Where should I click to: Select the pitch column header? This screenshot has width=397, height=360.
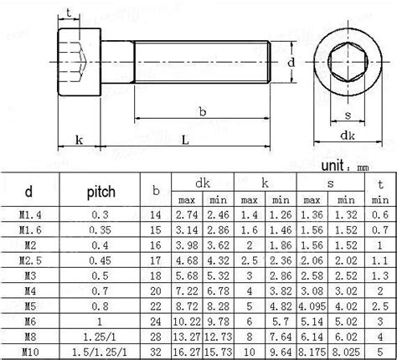(101, 193)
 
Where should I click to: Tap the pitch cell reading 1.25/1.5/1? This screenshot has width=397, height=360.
(101, 352)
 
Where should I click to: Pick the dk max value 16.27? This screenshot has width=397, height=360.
(185, 352)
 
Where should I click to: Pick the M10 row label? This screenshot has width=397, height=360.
(28, 352)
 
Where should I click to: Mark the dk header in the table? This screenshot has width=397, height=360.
(201, 182)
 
